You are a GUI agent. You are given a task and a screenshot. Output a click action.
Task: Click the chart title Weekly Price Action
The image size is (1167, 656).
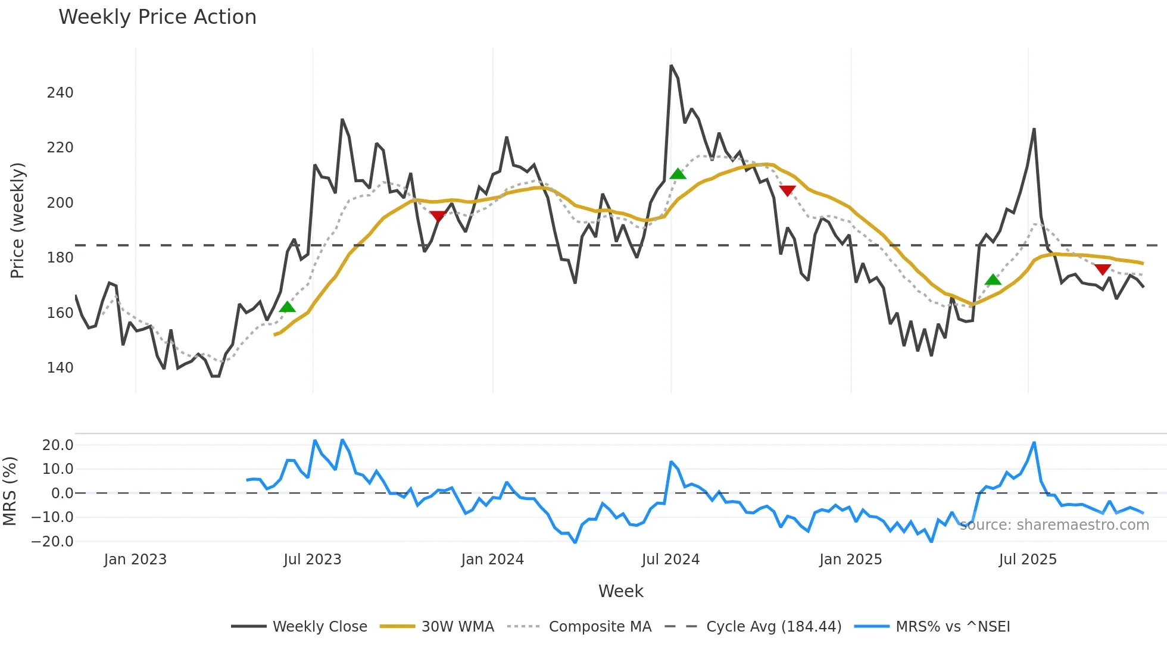click(157, 17)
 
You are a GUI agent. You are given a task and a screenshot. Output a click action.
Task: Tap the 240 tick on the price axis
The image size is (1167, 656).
click(60, 93)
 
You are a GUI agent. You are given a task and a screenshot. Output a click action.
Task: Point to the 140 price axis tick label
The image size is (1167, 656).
click(60, 368)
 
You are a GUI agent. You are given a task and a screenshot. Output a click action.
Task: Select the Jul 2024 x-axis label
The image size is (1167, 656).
click(670, 560)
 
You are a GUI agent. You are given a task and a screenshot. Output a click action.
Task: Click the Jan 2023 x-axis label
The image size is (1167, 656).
click(135, 560)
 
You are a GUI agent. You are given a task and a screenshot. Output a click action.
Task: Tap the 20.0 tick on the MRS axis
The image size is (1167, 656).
click(58, 445)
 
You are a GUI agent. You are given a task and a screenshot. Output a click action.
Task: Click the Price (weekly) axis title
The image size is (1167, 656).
click(18, 220)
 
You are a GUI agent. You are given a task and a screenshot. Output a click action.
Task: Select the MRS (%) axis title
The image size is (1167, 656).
click(10, 491)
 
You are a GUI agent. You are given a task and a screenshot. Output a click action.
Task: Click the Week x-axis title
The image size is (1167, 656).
click(620, 591)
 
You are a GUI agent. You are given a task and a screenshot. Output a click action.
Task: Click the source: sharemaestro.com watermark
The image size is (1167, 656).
click(1054, 525)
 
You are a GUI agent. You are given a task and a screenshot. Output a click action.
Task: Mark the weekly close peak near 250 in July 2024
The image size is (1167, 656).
click(671, 65)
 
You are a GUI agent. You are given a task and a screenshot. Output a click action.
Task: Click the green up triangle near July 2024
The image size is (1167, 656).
click(678, 174)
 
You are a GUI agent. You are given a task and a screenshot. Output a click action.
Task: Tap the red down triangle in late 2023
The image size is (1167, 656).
click(438, 216)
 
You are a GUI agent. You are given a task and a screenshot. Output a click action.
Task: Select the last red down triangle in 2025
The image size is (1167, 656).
click(1103, 269)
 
